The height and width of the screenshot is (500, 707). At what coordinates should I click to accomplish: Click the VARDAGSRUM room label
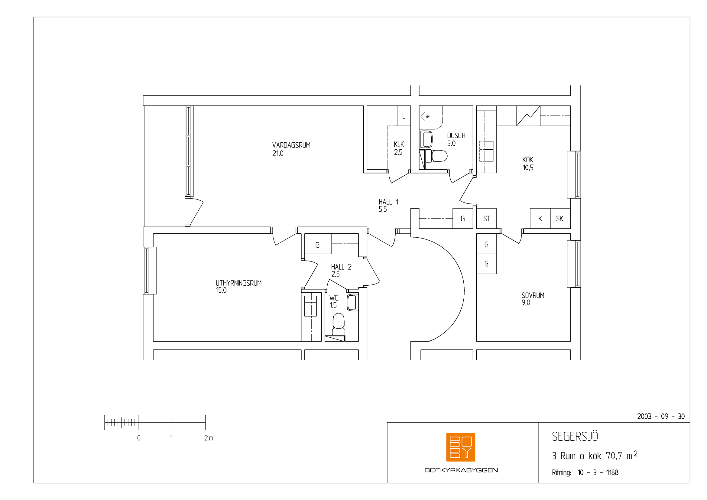(291, 145)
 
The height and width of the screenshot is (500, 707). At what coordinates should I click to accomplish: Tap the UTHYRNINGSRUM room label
(239, 283)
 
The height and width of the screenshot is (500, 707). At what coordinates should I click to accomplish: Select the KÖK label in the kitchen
(528, 160)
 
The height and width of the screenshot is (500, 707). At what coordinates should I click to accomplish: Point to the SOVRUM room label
(533, 295)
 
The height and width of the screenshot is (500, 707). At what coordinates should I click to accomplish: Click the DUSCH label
(456, 135)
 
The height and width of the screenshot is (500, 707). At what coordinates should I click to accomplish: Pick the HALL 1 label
(388, 202)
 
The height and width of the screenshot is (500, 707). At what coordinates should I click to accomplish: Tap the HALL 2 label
(341, 267)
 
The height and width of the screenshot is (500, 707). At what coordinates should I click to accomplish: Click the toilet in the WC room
(339, 324)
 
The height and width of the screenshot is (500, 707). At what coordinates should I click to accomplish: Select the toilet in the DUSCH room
(436, 156)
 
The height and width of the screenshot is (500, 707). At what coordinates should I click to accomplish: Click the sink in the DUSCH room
(426, 139)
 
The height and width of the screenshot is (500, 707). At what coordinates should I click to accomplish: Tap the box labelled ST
(487, 219)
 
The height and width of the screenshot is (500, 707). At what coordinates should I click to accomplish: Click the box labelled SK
(560, 219)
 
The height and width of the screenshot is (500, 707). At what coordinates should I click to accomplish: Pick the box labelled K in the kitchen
(540, 219)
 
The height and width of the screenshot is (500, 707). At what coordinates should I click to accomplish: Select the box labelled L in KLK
(404, 116)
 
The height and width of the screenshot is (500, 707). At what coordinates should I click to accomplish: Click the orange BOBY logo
(461, 447)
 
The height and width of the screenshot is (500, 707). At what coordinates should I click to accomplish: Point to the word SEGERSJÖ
(575, 436)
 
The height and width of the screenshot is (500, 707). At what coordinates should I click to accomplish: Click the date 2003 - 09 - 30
(661, 417)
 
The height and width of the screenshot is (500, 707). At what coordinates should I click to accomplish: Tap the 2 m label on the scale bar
(209, 438)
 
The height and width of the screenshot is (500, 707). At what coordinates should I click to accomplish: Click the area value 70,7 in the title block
(614, 456)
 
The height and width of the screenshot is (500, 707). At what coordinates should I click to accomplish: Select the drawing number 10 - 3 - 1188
(598, 472)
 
